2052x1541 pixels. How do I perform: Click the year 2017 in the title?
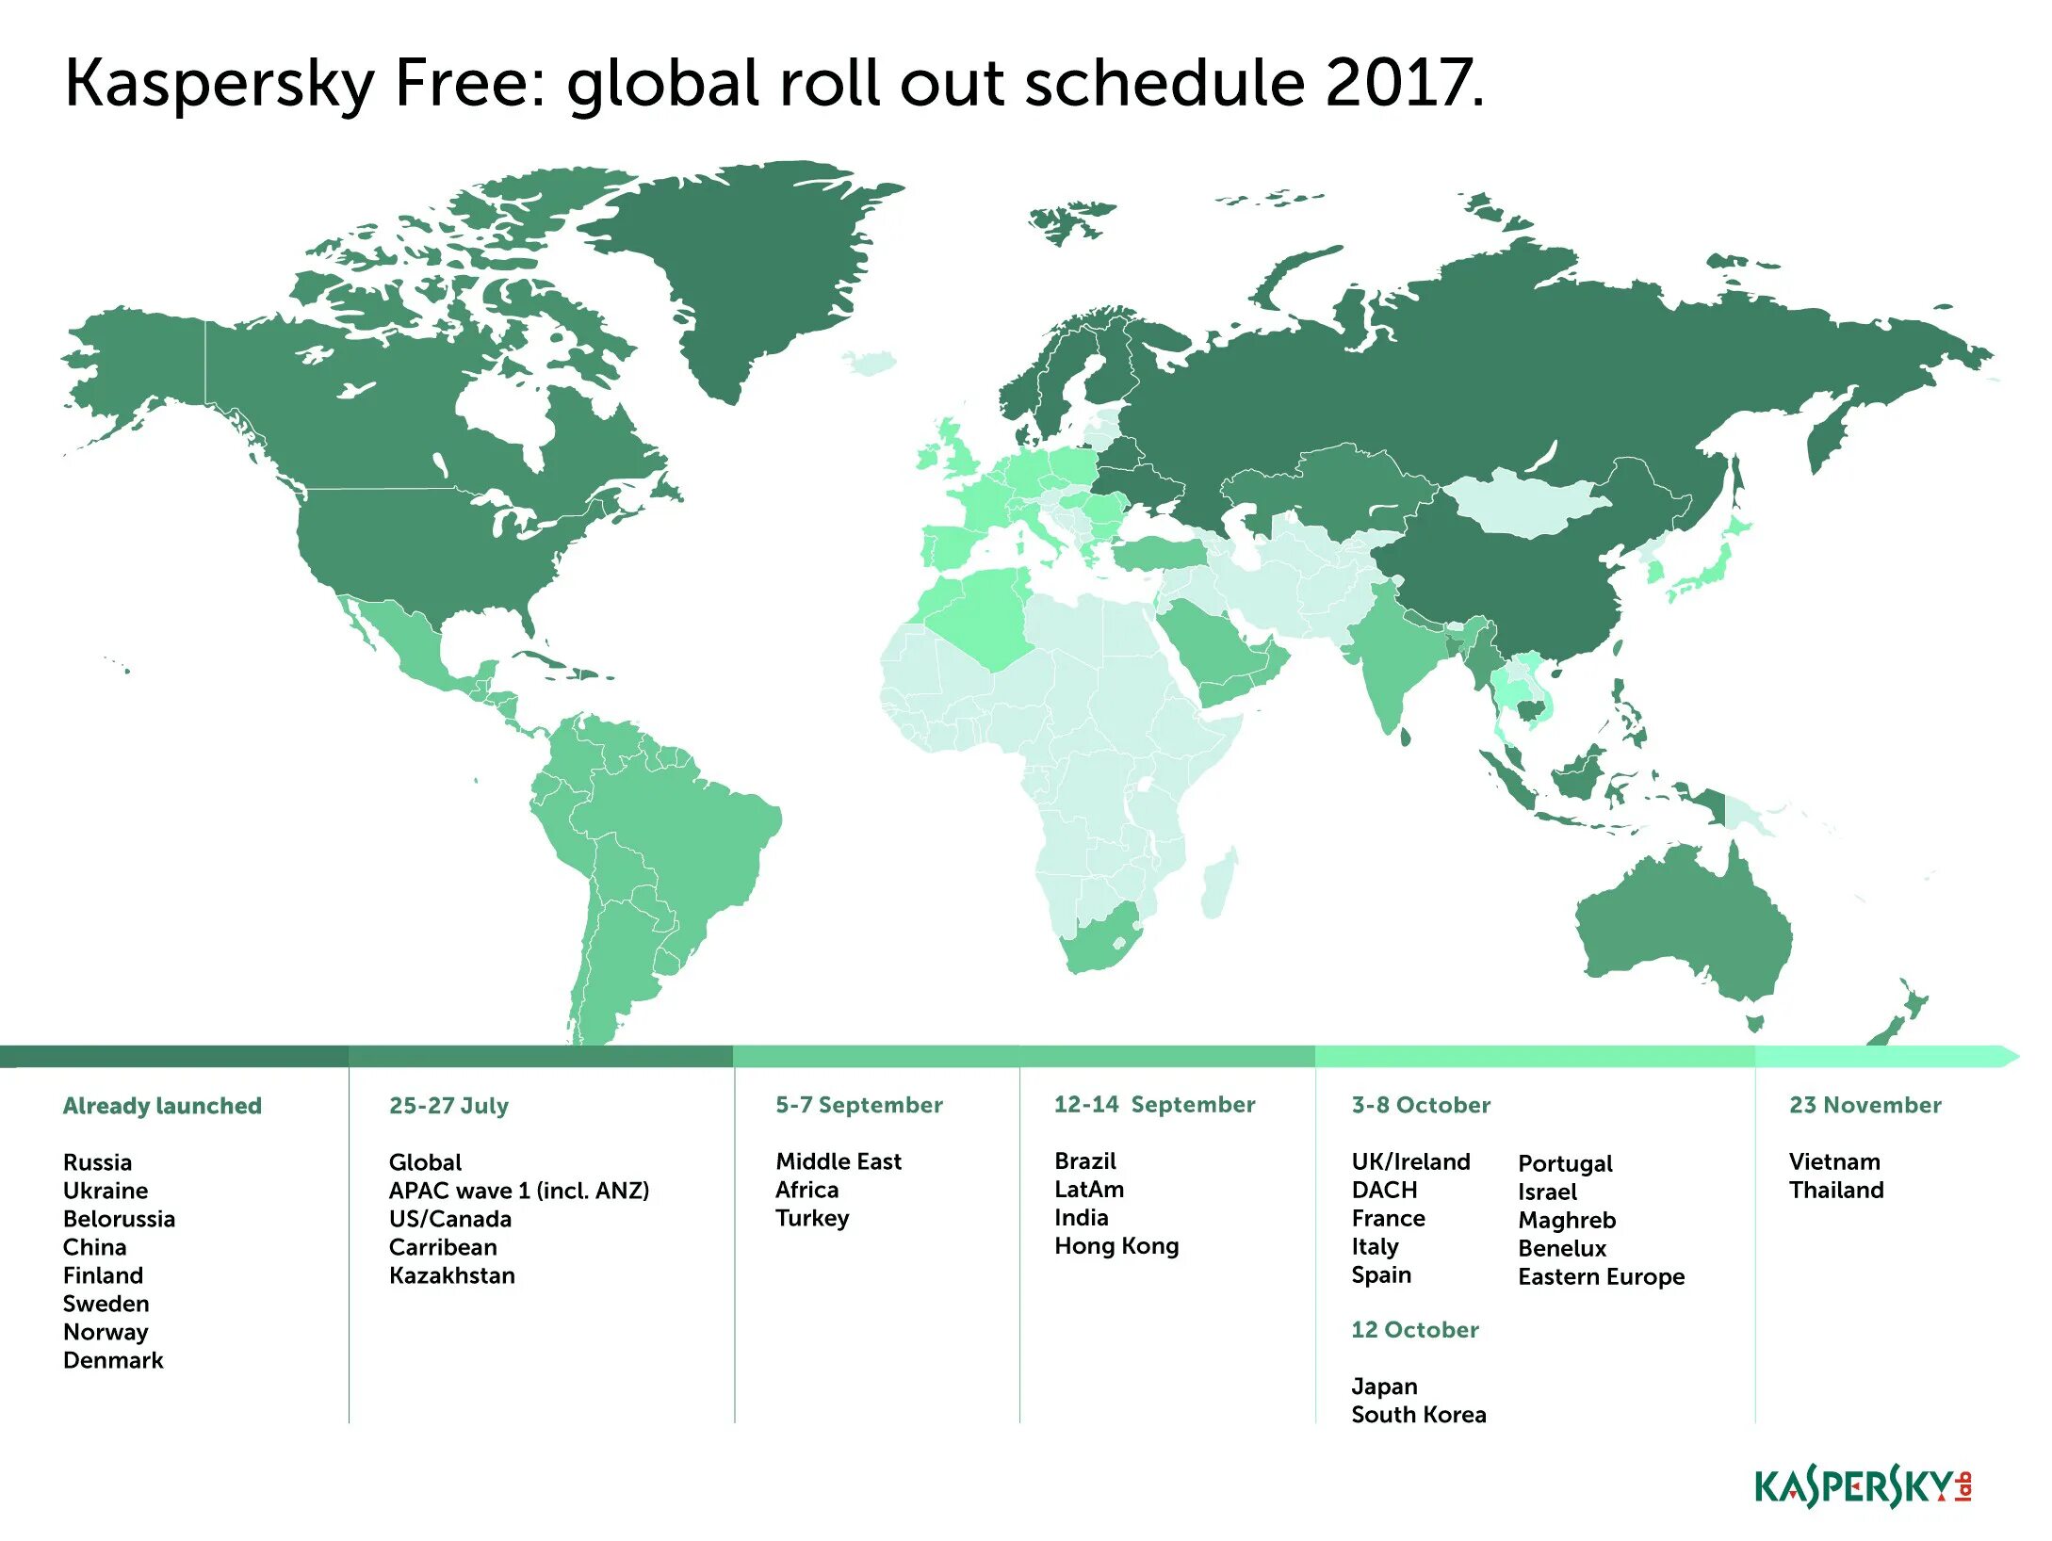click(1401, 83)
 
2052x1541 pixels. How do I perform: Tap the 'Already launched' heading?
click(162, 1106)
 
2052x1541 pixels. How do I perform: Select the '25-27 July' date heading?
click(448, 1106)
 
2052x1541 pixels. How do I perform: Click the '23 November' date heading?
click(1865, 1105)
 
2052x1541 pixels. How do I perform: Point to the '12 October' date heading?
click(1414, 1330)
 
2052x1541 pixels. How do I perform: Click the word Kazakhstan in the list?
click(451, 1275)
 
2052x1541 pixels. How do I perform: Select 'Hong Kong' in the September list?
click(1116, 1246)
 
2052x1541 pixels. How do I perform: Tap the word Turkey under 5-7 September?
click(811, 1218)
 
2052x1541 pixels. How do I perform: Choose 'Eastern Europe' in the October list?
click(1601, 1276)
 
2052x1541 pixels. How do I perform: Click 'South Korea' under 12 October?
click(1418, 1415)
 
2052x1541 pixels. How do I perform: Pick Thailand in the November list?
click(1835, 1190)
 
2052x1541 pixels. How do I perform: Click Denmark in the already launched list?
click(113, 1360)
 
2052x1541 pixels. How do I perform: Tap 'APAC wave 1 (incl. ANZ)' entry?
click(518, 1191)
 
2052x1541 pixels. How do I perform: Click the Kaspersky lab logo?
click(1862, 1488)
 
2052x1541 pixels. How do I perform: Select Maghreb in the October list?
click(1566, 1220)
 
